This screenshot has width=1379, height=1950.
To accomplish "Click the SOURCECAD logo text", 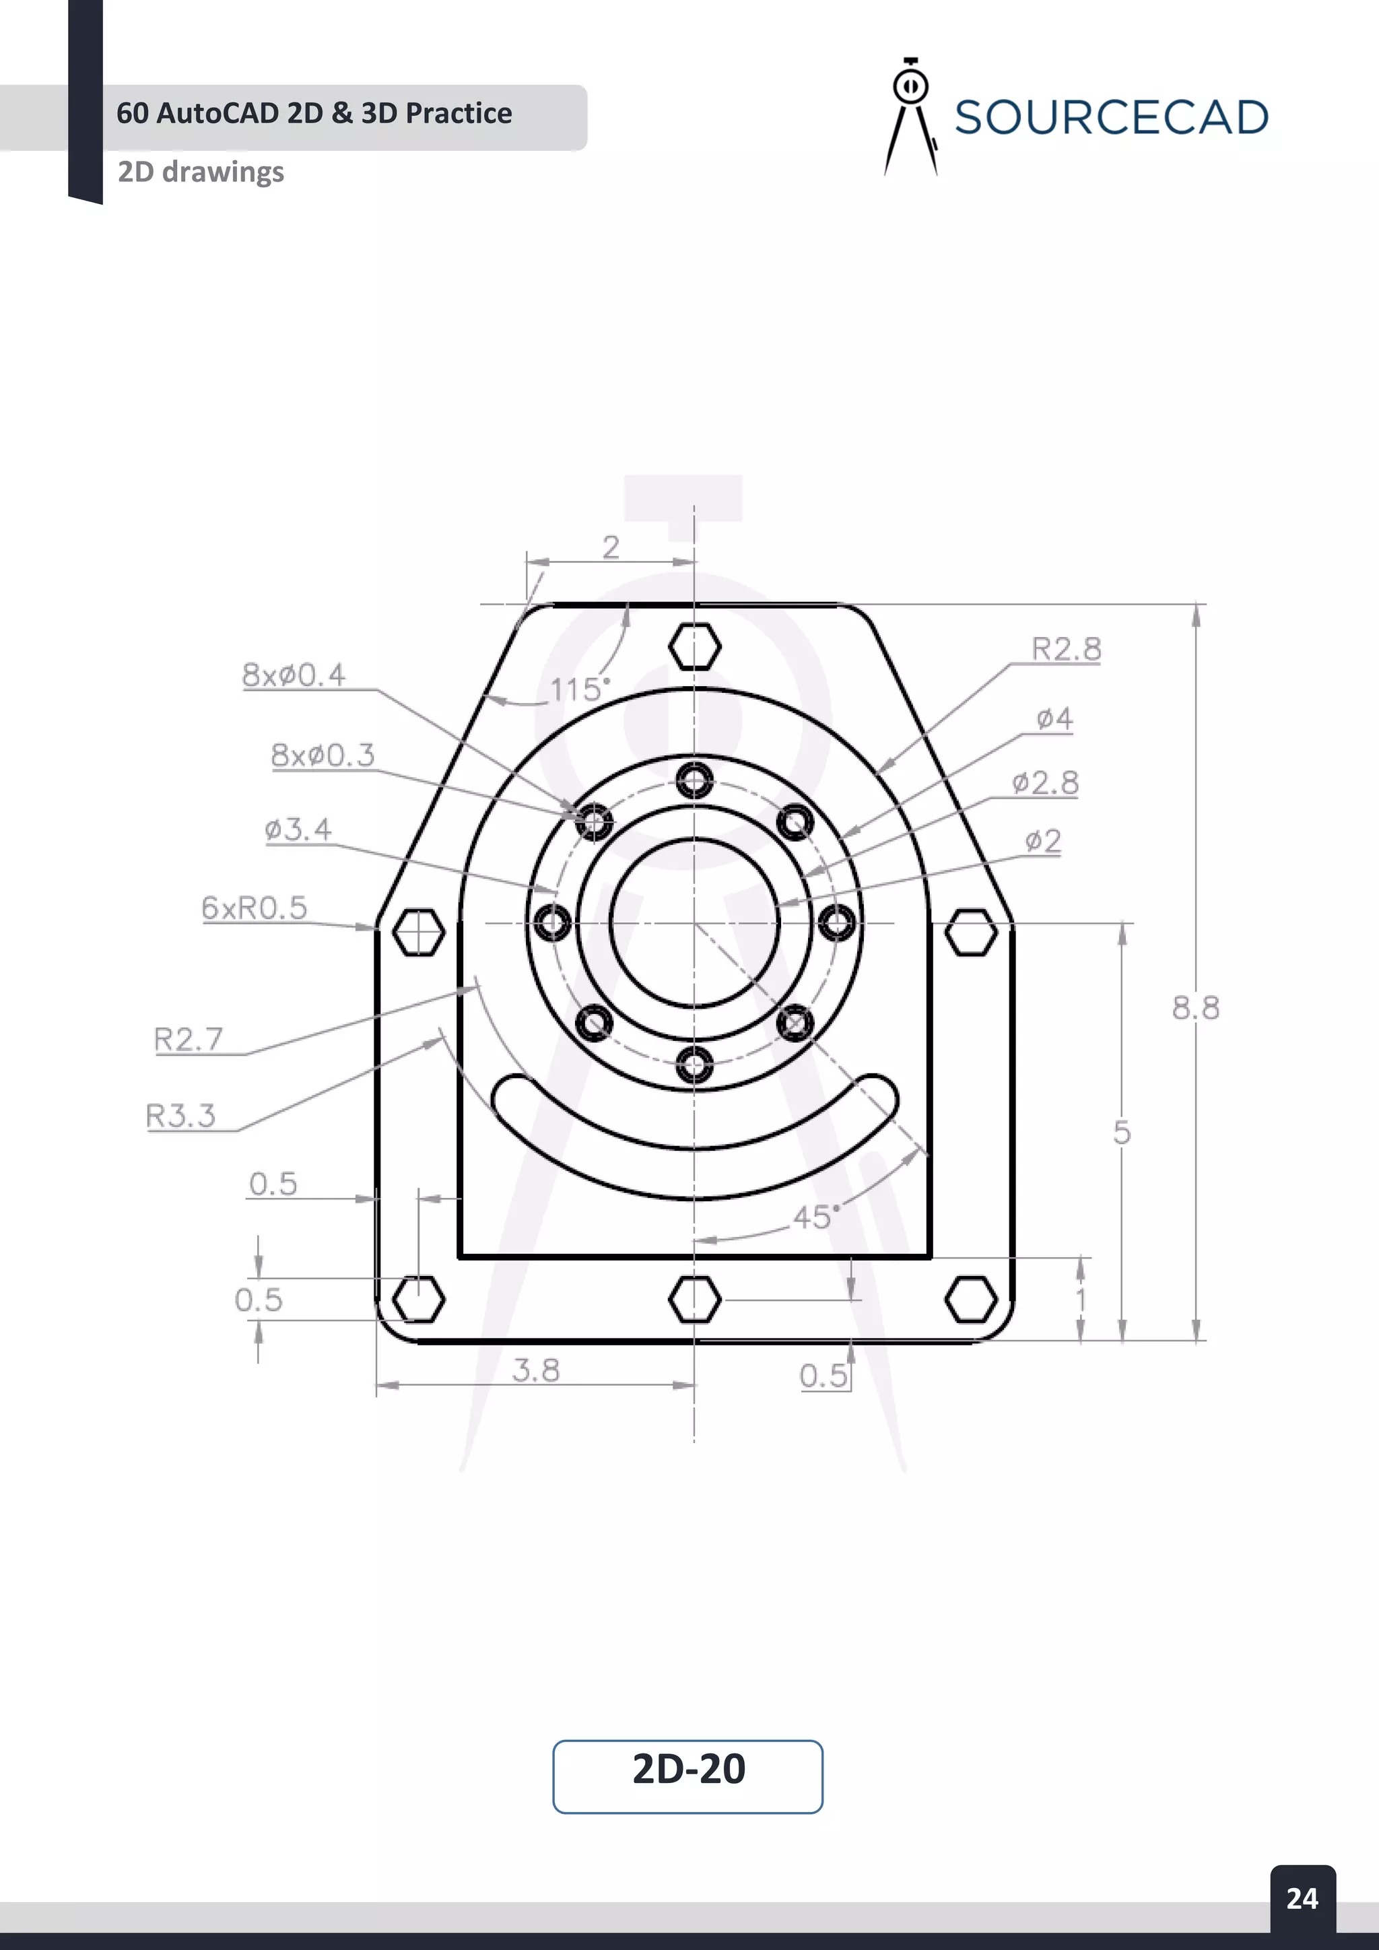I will (x=1110, y=117).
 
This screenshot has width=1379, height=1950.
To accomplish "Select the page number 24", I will (x=1302, y=1897).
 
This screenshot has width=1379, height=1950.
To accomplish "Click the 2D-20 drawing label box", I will (x=687, y=1768).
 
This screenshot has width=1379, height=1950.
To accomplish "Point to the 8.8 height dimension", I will (x=1195, y=1008).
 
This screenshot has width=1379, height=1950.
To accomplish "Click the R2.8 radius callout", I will (x=1066, y=649).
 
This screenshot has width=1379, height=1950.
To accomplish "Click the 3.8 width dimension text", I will (x=536, y=1370).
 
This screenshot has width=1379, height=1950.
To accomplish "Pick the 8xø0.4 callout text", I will (x=294, y=675).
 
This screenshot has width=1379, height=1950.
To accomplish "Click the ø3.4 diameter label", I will (x=298, y=829).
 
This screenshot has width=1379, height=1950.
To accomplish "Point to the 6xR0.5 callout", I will (x=254, y=908).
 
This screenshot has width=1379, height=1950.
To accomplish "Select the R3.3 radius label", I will (x=181, y=1115).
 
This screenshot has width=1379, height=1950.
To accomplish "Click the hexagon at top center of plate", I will (x=695, y=646).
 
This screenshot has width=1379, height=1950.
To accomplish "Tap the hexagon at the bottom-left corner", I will (x=419, y=1299).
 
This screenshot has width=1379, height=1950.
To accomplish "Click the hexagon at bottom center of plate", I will (x=695, y=1300).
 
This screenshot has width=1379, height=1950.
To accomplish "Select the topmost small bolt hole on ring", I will (x=695, y=780).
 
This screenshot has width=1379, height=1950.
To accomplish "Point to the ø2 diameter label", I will (x=1043, y=841).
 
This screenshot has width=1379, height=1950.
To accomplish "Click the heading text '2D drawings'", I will (x=201, y=172).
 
